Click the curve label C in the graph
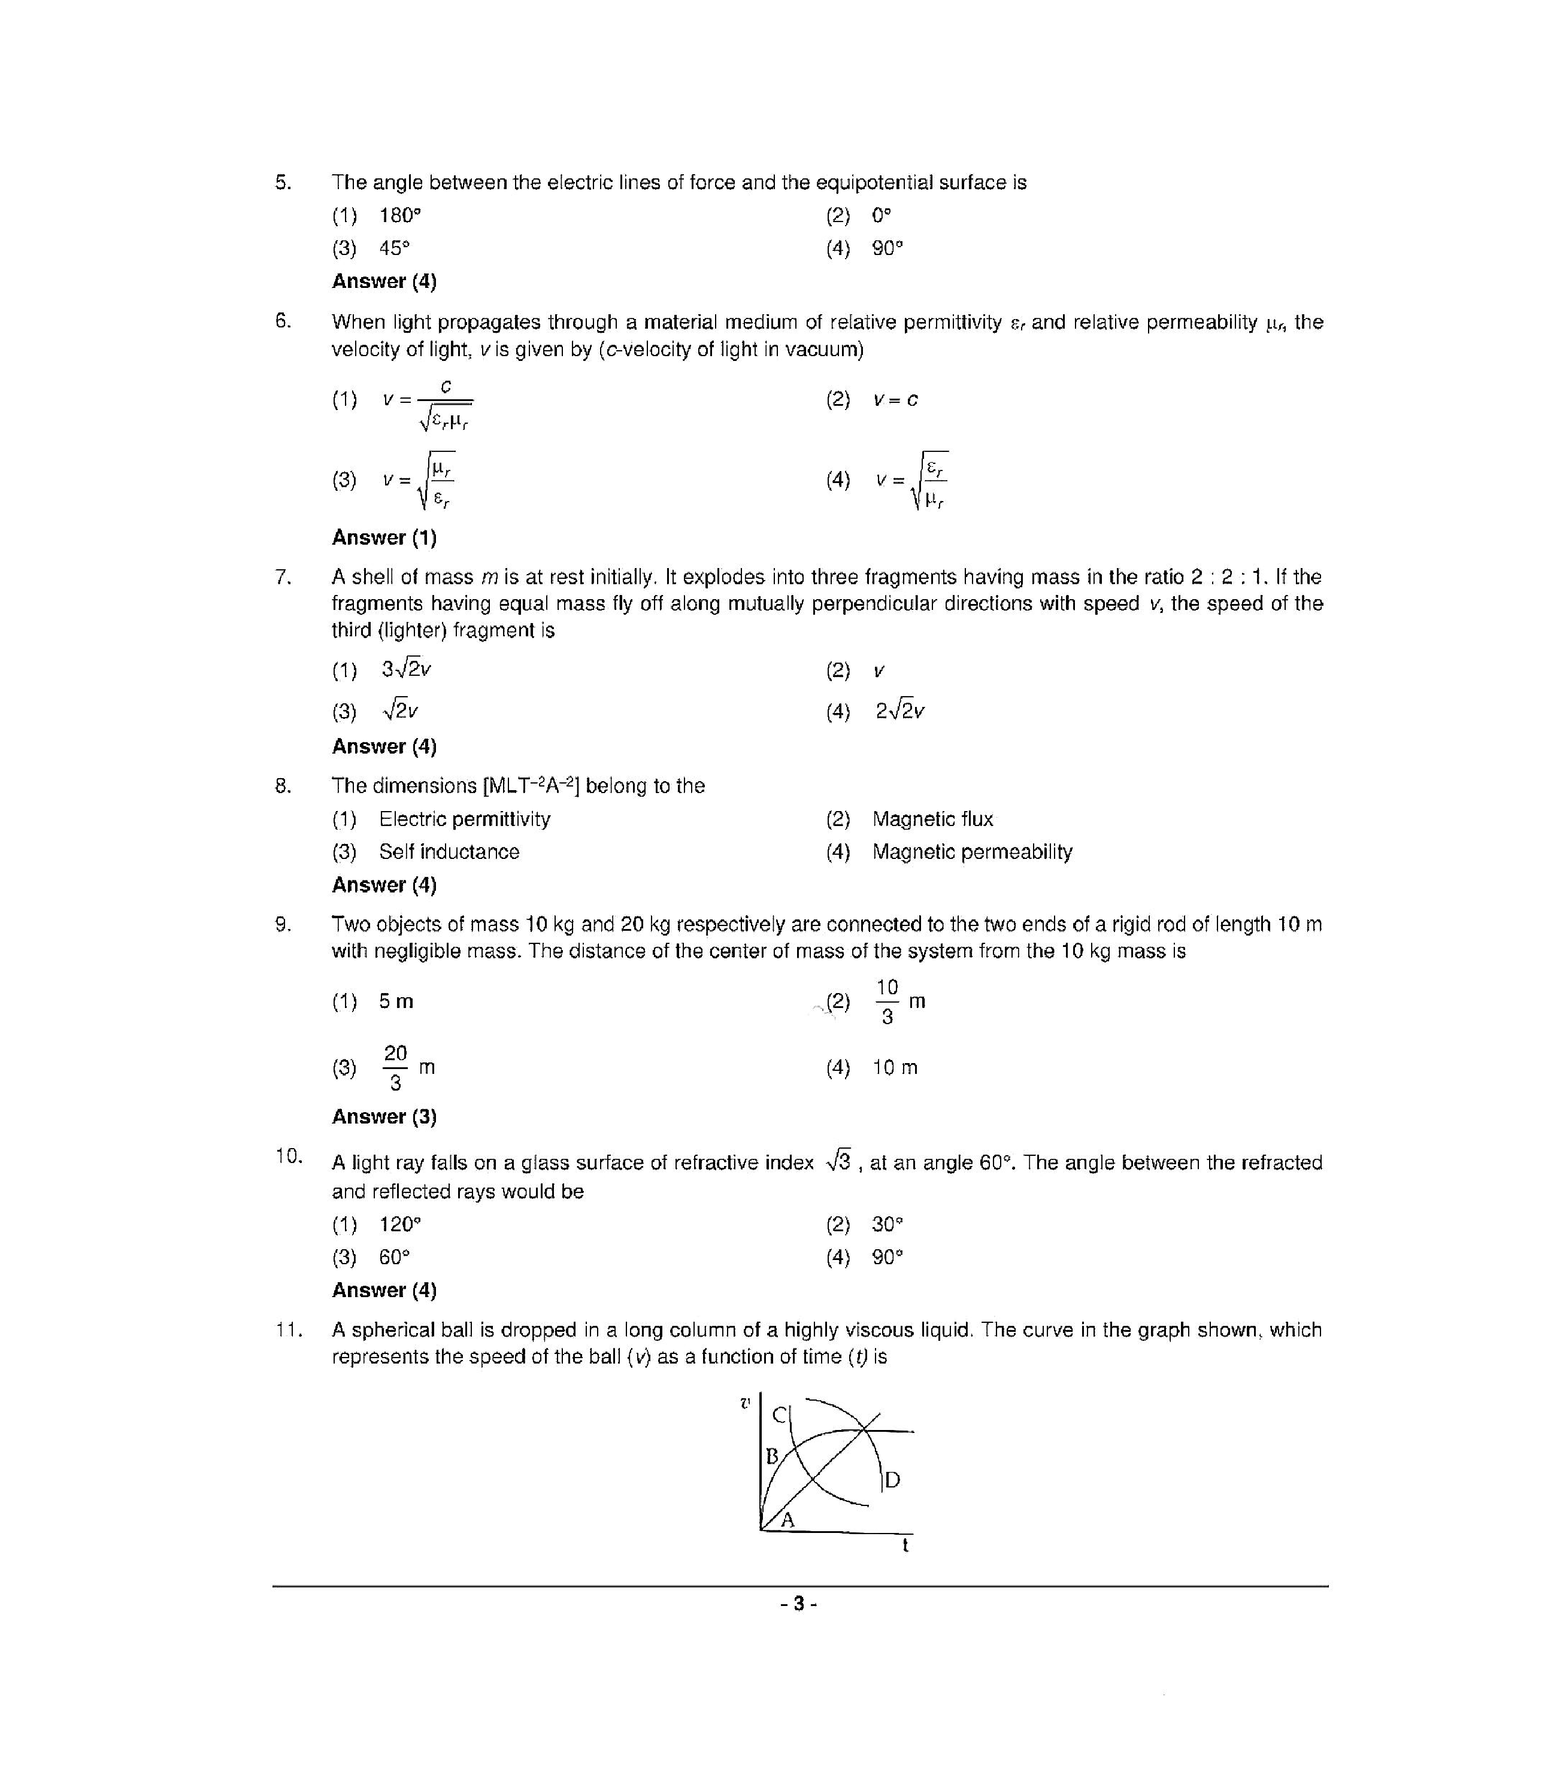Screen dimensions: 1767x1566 coord(779,1415)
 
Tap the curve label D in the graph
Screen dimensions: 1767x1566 coord(892,1480)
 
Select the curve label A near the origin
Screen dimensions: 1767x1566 coord(787,1520)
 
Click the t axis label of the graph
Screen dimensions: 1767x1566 coord(905,1546)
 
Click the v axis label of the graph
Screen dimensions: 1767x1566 coord(744,1402)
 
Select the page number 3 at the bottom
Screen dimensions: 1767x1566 coord(798,1604)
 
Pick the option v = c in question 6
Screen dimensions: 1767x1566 coord(895,399)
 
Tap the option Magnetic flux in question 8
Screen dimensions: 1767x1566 coord(932,819)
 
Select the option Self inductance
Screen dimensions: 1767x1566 coord(449,852)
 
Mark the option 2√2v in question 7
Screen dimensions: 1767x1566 coord(899,711)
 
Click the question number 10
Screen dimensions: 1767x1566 coord(288,1156)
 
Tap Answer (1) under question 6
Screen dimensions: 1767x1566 coord(384,537)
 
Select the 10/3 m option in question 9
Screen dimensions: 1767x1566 coord(899,1001)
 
